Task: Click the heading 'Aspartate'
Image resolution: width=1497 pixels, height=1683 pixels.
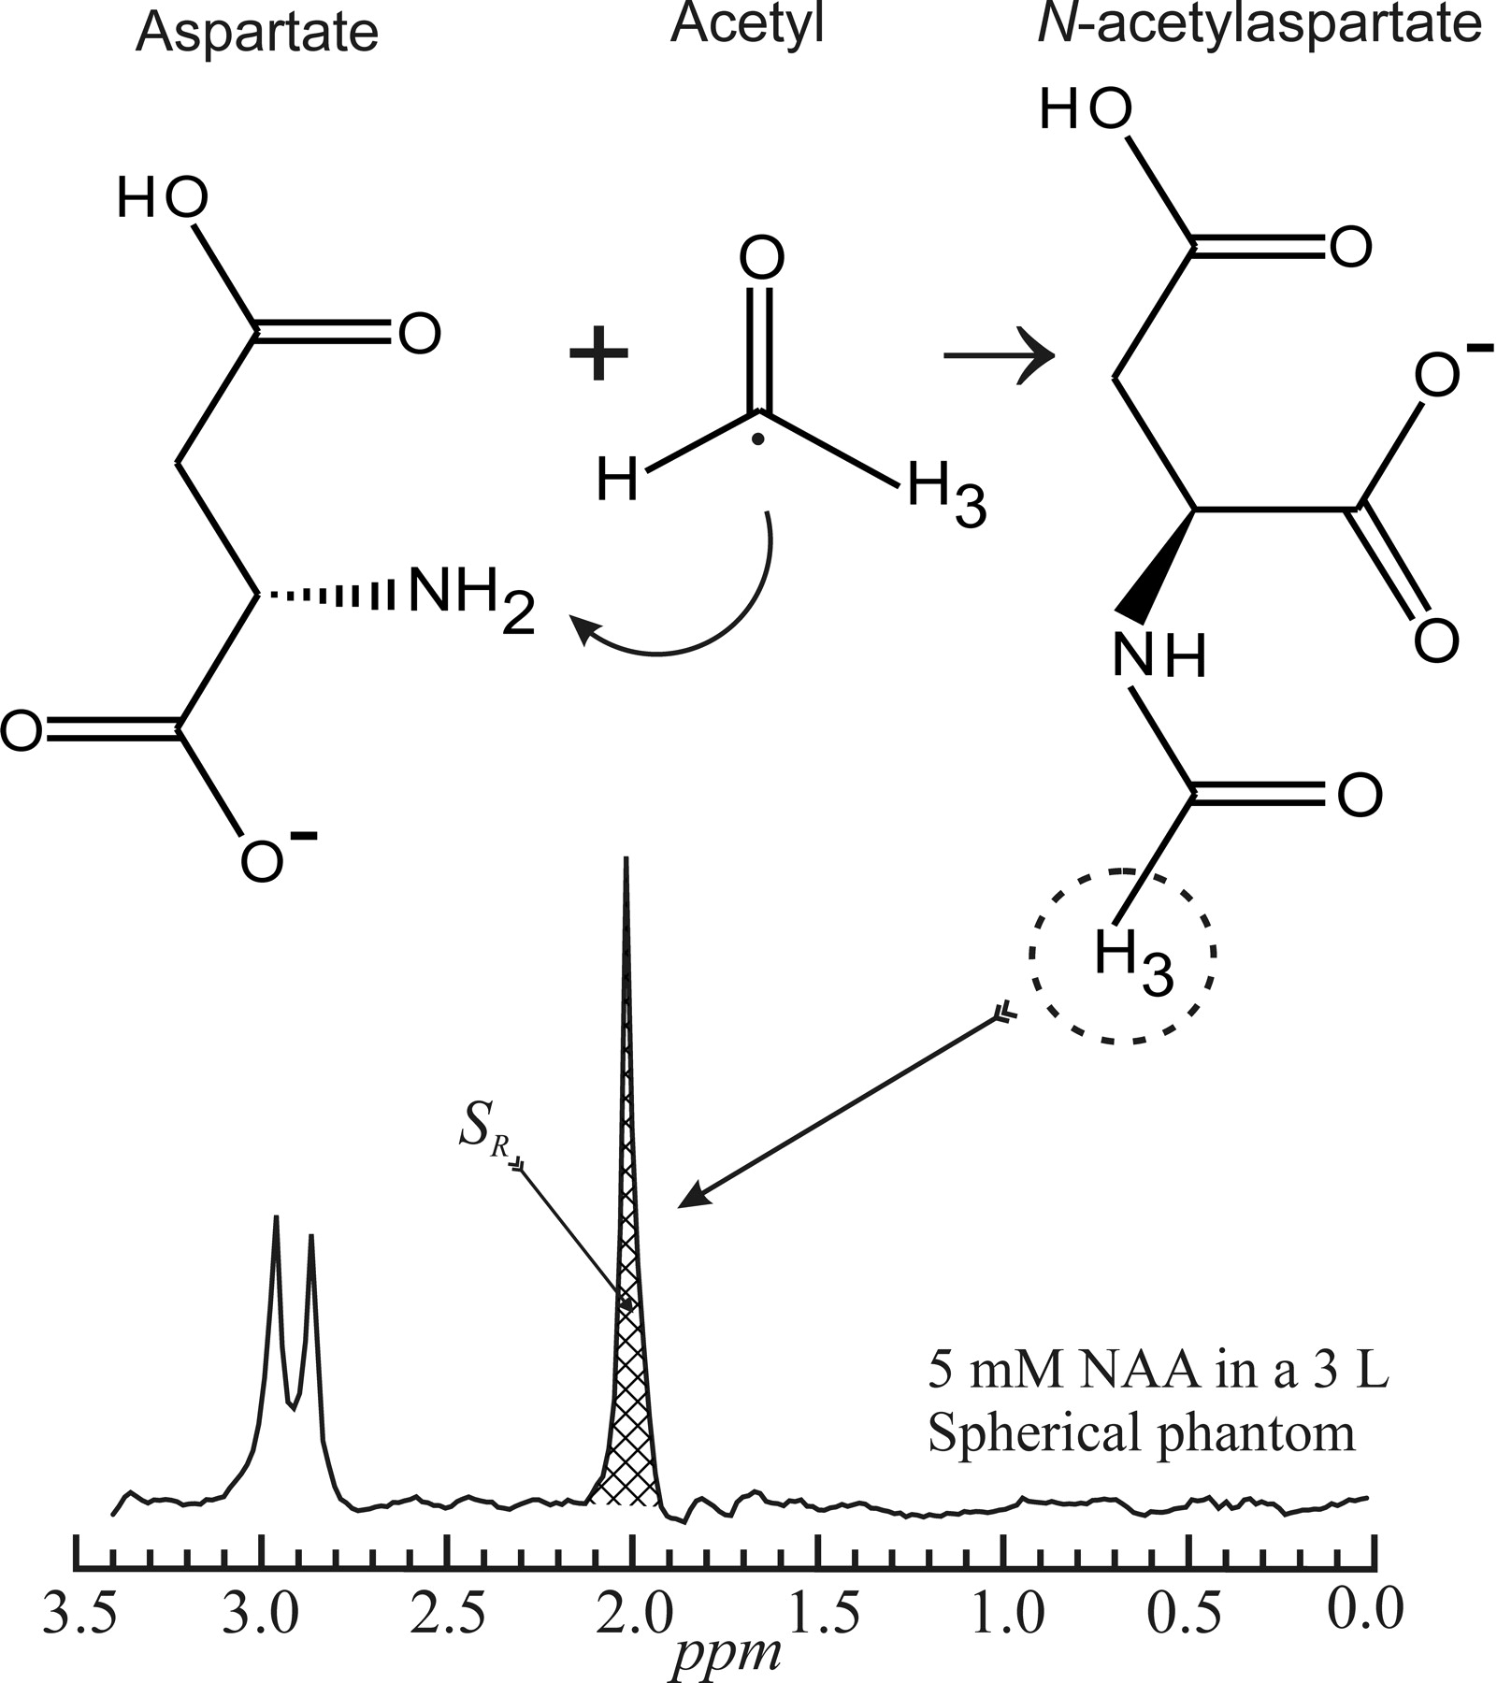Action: click(256, 33)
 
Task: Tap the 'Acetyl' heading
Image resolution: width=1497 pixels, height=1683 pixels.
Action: click(747, 25)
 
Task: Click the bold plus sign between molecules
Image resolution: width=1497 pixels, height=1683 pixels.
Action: click(598, 357)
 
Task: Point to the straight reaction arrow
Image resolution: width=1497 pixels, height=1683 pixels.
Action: click(997, 356)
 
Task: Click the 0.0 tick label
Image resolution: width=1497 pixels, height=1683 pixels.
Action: click(1365, 1613)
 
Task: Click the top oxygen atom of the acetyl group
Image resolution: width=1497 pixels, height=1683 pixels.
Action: click(762, 259)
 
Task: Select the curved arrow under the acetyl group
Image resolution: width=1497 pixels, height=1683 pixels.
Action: click(692, 617)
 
